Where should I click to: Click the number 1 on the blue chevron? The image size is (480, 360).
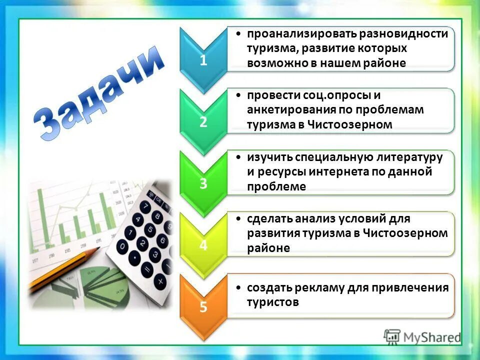click(203, 60)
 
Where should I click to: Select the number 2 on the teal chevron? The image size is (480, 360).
click(203, 122)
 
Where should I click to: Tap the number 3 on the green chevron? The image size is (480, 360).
click(203, 183)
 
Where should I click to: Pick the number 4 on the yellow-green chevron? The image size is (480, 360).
click(203, 245)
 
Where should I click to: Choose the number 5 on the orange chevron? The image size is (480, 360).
click(203, 306)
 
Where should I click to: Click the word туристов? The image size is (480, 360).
click(272, 302)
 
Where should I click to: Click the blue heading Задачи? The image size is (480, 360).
click(100, 92)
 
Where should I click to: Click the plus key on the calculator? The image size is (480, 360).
click(160, 281)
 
